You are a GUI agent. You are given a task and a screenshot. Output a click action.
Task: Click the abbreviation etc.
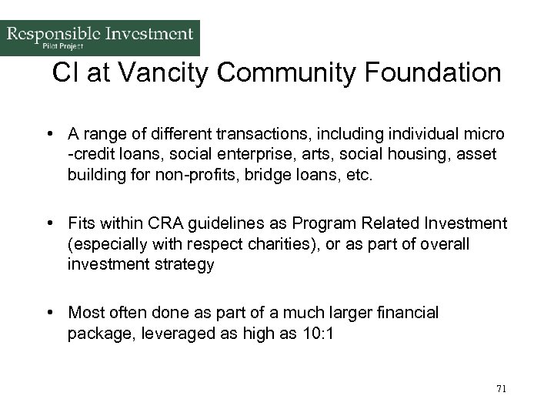point(357,175)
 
